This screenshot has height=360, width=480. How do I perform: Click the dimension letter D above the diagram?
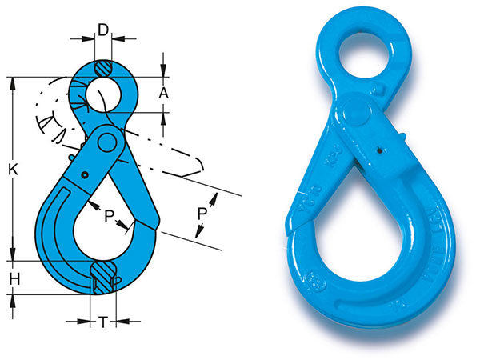(x=102, y=30)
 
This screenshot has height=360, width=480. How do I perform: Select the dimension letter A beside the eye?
(x=163, y=94)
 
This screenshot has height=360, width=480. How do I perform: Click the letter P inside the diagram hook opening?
(x=106, y=214)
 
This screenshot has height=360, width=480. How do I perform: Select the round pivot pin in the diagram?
(x=105, y=144)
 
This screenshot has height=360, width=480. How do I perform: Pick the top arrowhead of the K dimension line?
(x=13, y=81)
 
